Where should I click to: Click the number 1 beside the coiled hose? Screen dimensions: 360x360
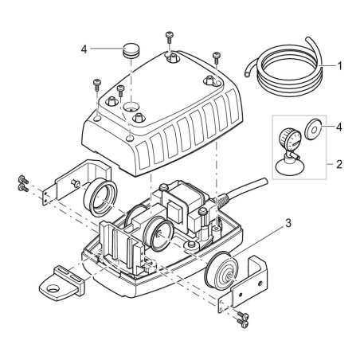click(x=339, y=66)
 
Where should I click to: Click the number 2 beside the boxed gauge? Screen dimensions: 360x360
click(x=339, y=165)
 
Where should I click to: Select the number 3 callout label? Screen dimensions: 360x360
click(x=288, y=223)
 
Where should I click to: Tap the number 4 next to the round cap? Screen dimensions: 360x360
click(x=84, y=49)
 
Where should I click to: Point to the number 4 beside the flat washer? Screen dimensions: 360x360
click(x=339, y=127)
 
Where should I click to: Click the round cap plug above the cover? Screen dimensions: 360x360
click(x=131, y=51)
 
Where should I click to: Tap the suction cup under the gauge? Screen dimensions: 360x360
click(x=288, y=167)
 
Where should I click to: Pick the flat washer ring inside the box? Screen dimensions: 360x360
click(x=313, y=130)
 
